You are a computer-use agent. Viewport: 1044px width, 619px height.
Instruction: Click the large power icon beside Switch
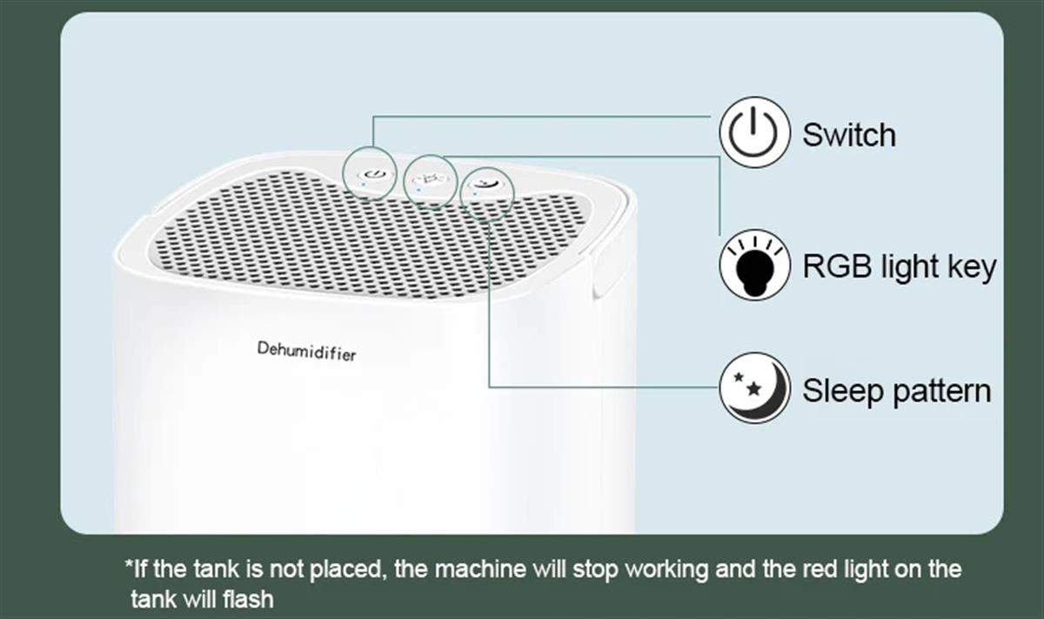pos(754,132)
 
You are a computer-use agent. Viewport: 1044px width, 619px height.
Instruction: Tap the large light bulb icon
pos(754,265)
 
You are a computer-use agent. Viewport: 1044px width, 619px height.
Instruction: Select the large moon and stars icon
pos(754,388)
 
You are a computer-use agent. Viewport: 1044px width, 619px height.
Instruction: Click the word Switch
pos(849,135)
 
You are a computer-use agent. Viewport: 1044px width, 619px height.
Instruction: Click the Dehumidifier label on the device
pos(306,351)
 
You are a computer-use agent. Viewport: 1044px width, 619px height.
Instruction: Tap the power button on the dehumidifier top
pos(375,175)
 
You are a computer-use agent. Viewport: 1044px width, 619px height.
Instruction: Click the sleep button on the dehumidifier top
pos(485,184)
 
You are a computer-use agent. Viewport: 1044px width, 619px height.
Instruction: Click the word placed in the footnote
pos(348,570)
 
